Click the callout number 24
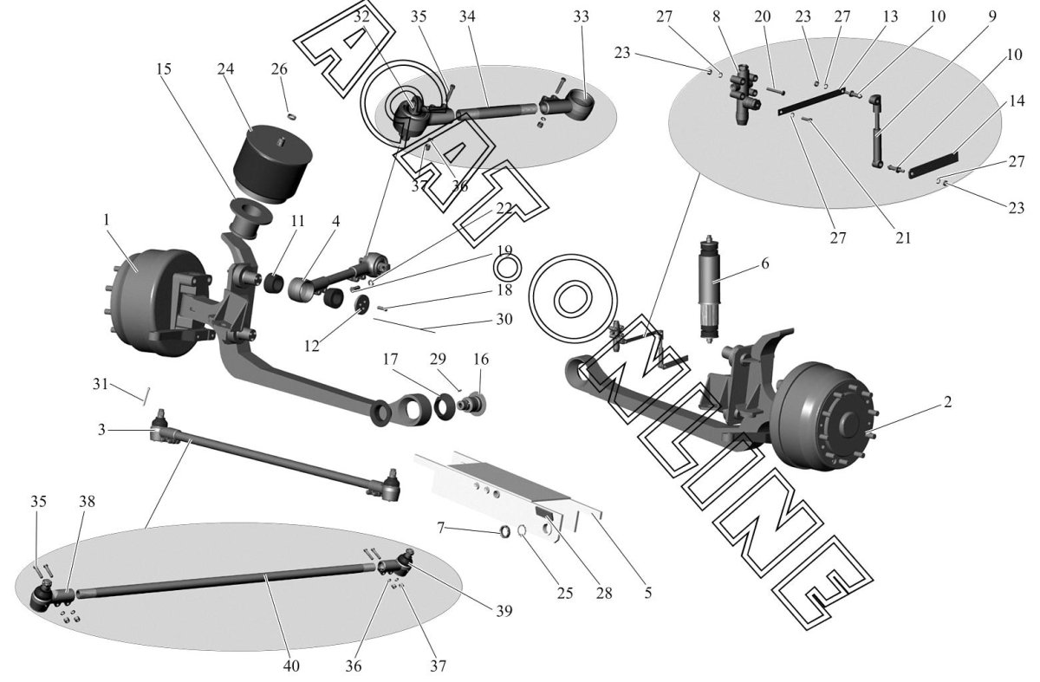pyautogui.click(x=225, y=68)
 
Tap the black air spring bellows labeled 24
pyautogui.click(x=273, y=164)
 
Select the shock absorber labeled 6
pyautogui.click(x=711, y=290)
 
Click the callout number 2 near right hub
pyautogui.click(x=947, y=401)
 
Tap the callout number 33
pyautogui.click(x=581, y=16)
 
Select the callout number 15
pyautogui.click(x=164, y=68)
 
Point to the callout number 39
pyautogui.click(x=504, y=611)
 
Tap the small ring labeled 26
pyautogui.click(x=291, y=115)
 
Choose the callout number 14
pyautogui.click(x=1017, y=101)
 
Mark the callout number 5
pyautogui.click(x=647, y=593)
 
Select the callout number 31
pyautogui.click(x=100, y=384)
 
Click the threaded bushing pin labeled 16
pyautogui.click(x=471, y=404)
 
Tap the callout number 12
pyautogui.click(x=311, y=346)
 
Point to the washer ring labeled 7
pyautogui.click(x=504, y=531)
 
